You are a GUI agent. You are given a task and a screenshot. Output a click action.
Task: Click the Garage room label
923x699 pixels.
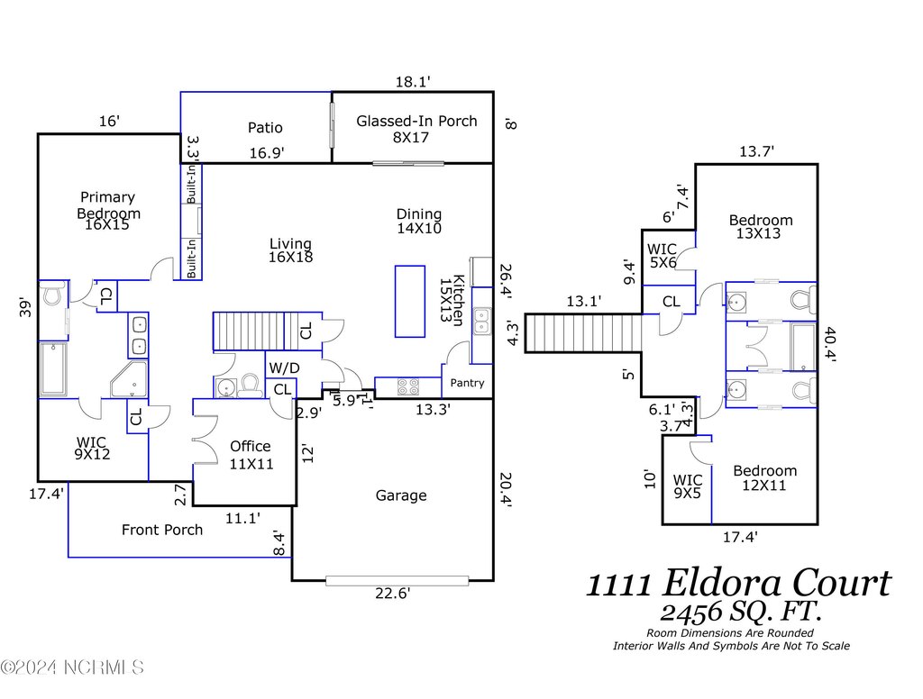click(x=401, y=495)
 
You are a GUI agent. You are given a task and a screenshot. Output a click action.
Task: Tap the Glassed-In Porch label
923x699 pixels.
click(x=416, y=129)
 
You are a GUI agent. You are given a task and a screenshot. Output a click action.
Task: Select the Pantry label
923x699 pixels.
click(x=467, y=383)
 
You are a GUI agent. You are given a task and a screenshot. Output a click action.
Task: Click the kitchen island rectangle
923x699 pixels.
click(x=410, y=301)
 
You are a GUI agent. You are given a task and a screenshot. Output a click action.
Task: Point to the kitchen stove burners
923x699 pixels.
click(x=408, y=386)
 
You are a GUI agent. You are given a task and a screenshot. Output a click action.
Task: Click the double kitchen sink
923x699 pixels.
click(x=482, y=319)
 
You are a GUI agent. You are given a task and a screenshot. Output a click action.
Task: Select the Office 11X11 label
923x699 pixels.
click(x=250, y=455)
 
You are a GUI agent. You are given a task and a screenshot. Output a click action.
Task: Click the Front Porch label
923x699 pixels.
click(x=162, y=530)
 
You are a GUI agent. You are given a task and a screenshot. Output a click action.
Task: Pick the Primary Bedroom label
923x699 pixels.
click(x=108, y=205)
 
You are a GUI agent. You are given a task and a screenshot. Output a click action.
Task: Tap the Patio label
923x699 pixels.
click(x=265, y=128)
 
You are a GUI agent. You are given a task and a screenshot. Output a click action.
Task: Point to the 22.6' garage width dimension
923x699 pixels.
click(x=393, y=593)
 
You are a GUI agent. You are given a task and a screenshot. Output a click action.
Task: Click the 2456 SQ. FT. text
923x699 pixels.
click(x=740, y=613)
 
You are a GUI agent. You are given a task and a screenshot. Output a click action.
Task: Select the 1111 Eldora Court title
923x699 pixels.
click(x=739, y=584)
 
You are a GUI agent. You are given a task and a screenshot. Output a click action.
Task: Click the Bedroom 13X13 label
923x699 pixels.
click(x=761, y=226)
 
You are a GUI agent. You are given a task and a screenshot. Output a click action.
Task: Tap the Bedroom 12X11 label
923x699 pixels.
click(x=764, y=477)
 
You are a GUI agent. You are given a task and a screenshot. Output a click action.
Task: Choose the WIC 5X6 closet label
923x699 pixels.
click(x=663, y=257)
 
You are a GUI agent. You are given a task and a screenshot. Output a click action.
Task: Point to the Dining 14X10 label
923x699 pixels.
click(x=419, y=221)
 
